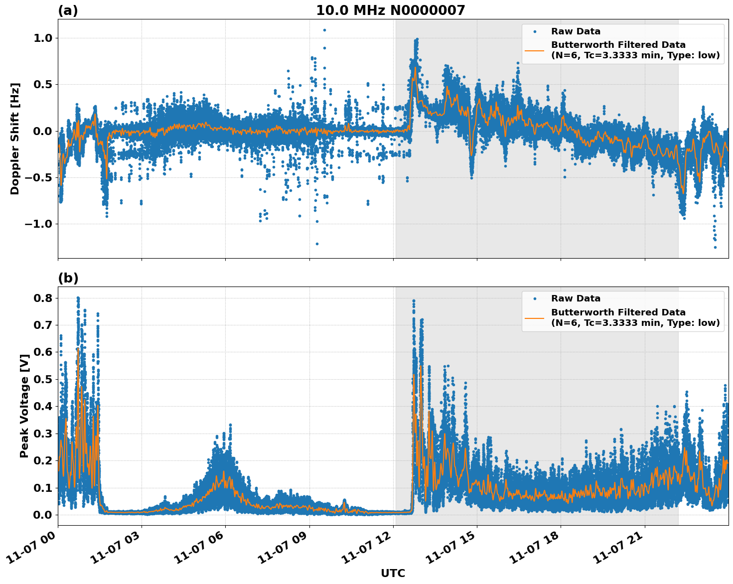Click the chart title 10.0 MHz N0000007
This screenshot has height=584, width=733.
coord(390,10)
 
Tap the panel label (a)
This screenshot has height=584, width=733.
coord(68,10)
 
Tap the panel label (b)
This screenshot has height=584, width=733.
coord(68,278)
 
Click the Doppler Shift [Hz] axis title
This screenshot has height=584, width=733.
coord(15,139)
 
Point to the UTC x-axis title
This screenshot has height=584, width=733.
coord(393,573)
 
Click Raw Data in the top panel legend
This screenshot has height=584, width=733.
coord(576,31)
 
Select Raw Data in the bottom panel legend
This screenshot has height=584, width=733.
coord(576,298)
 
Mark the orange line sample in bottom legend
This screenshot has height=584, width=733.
coord(534,317)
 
